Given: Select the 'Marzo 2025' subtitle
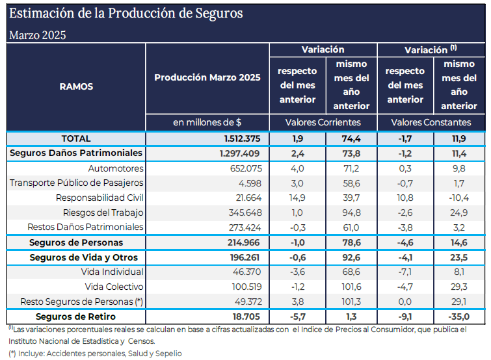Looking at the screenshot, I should point(37,35).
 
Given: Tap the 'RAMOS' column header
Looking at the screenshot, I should point(76,86).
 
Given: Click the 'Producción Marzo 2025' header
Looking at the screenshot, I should point(207,77).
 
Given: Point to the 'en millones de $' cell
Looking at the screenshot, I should point(207,122).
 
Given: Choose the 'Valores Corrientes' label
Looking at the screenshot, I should point(323,122).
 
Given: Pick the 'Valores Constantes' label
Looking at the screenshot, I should point(431,122).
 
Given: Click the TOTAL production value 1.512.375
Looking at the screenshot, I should point(241,138).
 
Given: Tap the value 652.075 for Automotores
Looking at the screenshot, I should point(245,168).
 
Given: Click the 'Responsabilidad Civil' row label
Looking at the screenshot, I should point(100,198).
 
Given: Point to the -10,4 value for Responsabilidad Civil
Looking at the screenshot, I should point(459,198).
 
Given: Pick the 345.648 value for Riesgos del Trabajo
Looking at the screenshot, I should point(245,212).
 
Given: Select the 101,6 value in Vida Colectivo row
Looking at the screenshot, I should point(351,287).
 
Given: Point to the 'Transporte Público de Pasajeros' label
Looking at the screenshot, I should point(77,183).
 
